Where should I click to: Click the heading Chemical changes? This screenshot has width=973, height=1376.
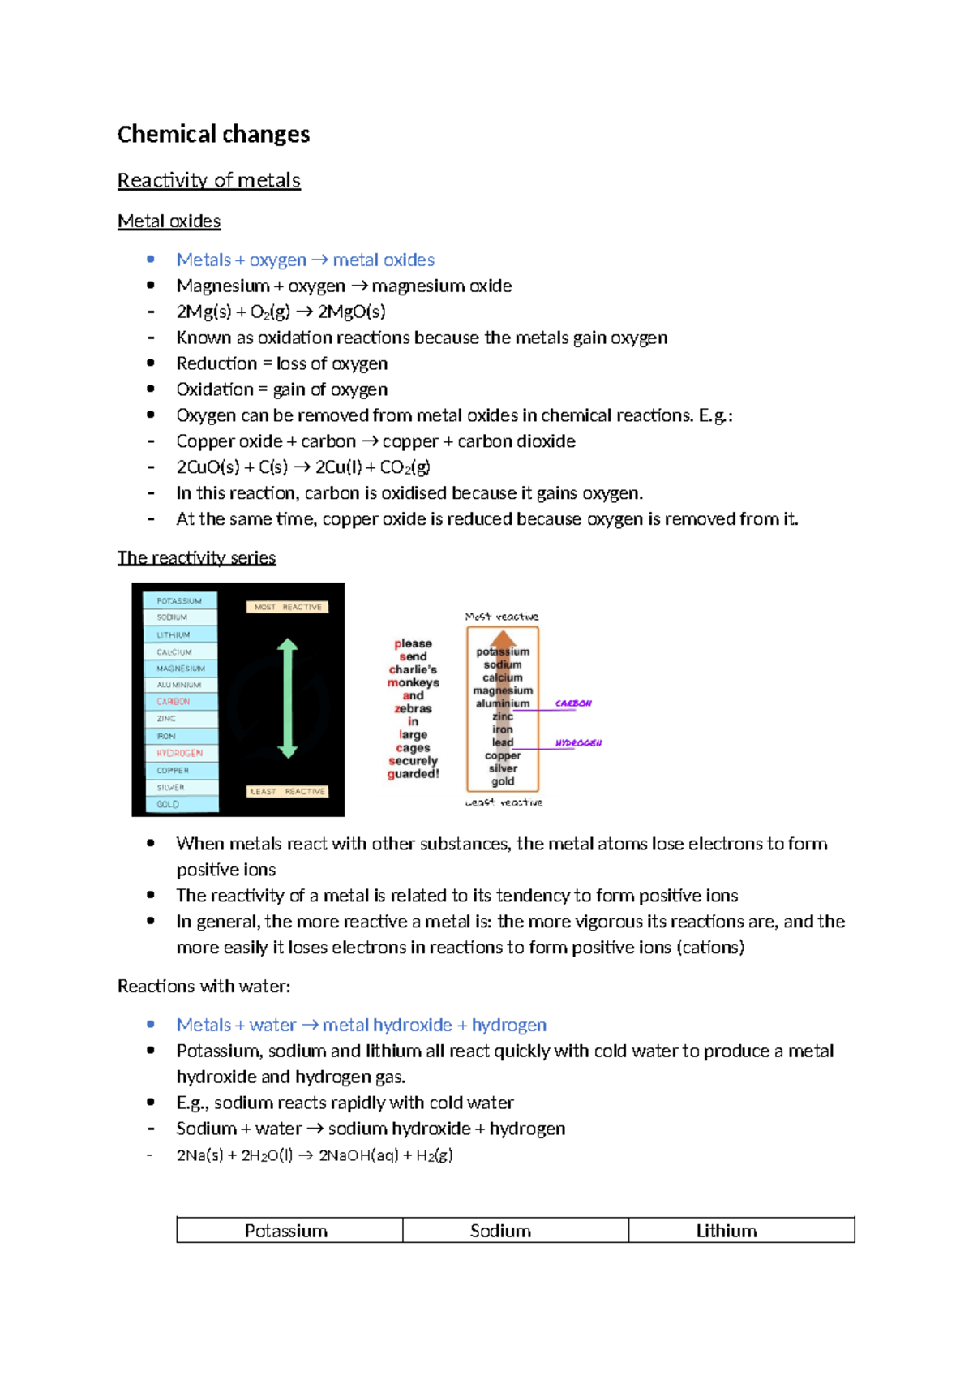213,135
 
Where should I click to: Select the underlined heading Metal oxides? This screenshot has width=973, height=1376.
169,221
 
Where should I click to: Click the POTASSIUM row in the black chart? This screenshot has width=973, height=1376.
179,601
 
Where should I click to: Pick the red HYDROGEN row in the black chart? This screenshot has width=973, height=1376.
179,754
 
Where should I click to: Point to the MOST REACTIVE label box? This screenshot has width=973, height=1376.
287,607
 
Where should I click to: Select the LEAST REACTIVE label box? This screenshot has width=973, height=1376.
287,791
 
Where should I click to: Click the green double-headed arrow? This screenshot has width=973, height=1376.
287,699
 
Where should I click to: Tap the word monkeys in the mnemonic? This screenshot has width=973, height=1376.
414,683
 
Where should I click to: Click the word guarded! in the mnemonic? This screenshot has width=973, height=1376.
414,774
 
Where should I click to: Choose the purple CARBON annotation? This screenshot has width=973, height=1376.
573,703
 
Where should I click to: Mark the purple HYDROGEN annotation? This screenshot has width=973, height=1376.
578,743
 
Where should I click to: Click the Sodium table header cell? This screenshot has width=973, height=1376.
500,1231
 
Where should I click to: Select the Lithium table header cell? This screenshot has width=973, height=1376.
727,1231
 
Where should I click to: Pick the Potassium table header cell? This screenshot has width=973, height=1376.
286,1231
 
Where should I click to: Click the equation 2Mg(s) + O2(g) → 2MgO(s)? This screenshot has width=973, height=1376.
281,312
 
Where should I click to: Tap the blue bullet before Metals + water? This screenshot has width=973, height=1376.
151,1025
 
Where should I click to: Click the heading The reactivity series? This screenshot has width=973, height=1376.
196,558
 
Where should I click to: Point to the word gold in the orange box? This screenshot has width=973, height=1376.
503,782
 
